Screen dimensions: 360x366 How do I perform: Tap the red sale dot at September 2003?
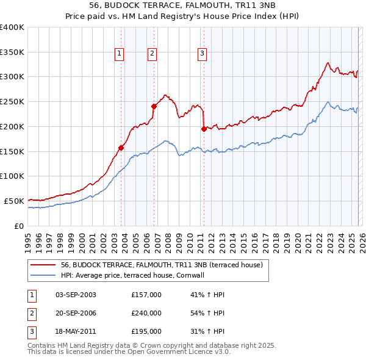[x=121, y=147]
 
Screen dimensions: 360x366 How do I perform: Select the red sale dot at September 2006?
[x=154, y=106]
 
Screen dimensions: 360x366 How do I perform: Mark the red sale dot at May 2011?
[x=204, y=129]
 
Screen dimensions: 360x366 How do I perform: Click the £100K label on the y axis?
[x=12, y=176]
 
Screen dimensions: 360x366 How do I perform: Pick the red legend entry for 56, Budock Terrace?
[x=162, y=265]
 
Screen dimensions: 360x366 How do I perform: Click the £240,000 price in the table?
[x=146, y=313]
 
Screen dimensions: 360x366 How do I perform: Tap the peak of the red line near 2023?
[x=328, y=62]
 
